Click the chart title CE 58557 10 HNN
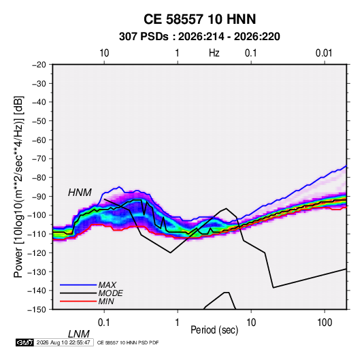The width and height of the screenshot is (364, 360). point(199,19)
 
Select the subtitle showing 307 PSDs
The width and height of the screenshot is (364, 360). point(199,37)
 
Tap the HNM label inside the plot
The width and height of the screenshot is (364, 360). point(80,193)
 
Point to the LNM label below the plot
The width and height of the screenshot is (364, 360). point(78,334)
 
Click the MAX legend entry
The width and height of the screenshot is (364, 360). point(107,284)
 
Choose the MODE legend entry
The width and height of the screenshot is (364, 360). point(110,293)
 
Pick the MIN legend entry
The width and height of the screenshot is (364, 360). point(106,301)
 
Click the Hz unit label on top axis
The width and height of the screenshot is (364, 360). point(214,53)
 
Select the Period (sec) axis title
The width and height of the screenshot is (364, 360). point(214,330)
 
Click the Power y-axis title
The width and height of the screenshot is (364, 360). point(18,187)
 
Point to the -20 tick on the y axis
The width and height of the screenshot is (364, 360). point(39,65)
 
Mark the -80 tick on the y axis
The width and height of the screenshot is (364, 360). point(39,178)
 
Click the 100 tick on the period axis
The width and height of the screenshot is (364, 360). point(325,323)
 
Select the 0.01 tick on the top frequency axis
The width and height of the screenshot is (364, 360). point(324,53)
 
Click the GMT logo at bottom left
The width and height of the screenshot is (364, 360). point(25,342)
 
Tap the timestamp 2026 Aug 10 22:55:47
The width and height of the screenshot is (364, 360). point(63,342)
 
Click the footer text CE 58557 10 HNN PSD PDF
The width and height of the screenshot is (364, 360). point(128,343)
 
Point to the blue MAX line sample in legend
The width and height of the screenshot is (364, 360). point(78,284)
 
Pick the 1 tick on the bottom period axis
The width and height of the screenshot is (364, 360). point(177,323)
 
